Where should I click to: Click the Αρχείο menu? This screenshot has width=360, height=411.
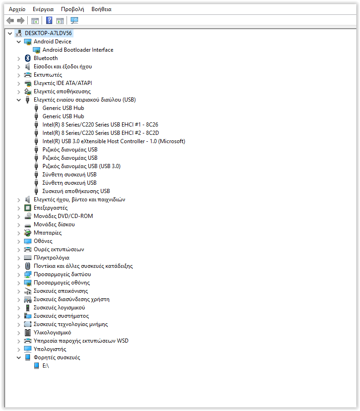coord(17,9)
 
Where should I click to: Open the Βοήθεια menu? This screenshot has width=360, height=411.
coord(101,9)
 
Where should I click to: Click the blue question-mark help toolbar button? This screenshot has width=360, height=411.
coord(49,20)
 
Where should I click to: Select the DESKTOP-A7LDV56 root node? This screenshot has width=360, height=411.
coord(49,33)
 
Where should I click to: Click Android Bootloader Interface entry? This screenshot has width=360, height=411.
coord(78,50)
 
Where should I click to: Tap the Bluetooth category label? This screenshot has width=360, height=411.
coord(45,58)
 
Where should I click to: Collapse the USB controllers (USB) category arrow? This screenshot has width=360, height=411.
coord(19,100)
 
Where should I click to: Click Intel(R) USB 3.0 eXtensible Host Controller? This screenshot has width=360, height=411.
coord(114,141)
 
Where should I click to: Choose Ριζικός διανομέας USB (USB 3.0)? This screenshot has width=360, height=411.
coord(81,166)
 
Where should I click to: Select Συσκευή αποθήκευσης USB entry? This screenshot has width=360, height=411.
coord(76,191)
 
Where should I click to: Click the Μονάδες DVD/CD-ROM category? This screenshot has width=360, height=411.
coord(63,216)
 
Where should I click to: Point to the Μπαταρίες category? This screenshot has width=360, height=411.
coord(47,233)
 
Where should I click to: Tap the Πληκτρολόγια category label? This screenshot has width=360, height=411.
coord(51,258)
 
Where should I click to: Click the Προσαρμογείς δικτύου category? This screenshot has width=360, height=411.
coord(62,274)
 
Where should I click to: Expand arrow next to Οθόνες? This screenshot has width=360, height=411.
coord(19,241)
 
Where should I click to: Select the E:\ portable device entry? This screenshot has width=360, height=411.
coord(45,366)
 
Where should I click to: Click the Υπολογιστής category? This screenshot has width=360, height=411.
coord(49,349)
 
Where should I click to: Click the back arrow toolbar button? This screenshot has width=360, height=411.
coord(10,20)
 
